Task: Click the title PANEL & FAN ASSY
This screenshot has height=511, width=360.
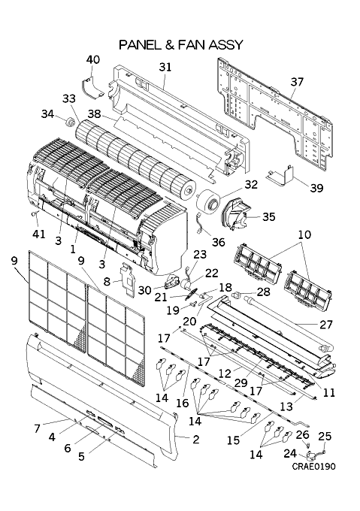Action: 181,44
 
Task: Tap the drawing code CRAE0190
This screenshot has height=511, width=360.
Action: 313,467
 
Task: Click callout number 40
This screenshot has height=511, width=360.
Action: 93,60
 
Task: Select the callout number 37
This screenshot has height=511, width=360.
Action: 297,82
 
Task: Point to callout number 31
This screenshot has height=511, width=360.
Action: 165,67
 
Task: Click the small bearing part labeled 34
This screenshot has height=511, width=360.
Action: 69,122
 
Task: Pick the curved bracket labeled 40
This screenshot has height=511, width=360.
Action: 92,87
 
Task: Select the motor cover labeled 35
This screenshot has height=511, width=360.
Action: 234,214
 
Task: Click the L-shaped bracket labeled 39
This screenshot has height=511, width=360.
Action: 282,175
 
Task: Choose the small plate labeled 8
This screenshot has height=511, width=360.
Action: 127,279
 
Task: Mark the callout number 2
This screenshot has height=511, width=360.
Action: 195,440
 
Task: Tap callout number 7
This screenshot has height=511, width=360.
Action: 37,428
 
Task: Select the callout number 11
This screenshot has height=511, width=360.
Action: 328,393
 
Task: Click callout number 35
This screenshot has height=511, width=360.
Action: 269,216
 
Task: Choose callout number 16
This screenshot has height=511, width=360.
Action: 183,403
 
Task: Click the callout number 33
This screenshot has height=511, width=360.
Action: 68,98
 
